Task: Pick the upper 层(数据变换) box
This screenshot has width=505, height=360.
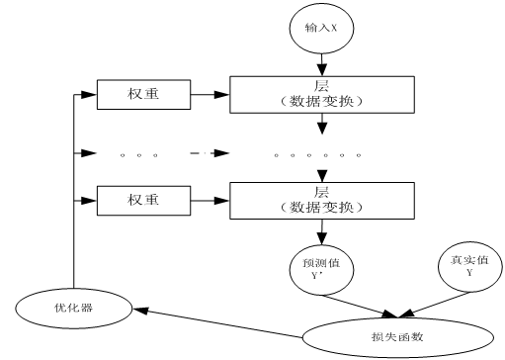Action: click(x=321, y=94)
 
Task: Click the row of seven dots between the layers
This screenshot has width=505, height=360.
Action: click(x=317, y=154)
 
